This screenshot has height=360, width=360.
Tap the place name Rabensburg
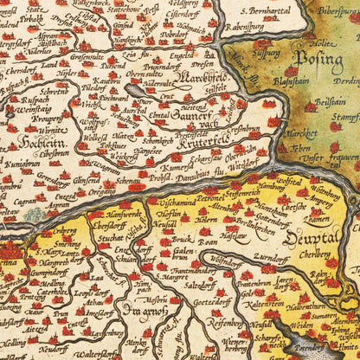(x=247, y=25)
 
